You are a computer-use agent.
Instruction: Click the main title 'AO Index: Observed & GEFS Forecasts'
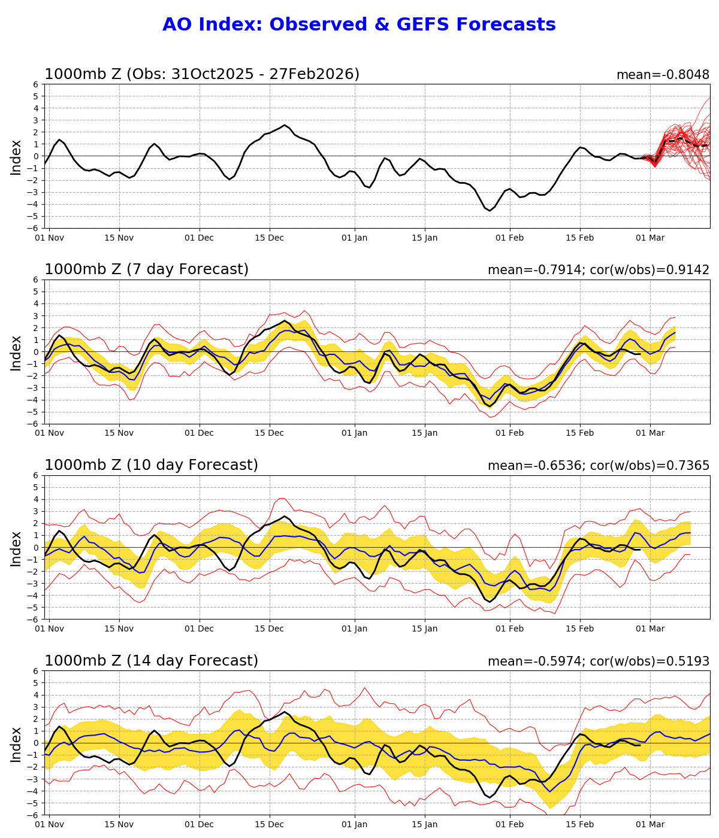(359, 25)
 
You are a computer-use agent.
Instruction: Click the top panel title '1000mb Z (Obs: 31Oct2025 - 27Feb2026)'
(202, 74)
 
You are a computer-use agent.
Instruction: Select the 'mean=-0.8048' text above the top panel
(663, 75)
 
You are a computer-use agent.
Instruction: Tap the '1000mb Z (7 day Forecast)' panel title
(146, 269)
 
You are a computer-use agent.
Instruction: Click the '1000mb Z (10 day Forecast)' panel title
(151, 465)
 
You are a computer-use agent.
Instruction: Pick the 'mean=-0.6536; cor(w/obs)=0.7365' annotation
(598, 466)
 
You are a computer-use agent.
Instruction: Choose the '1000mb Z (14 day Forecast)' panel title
(151, 661)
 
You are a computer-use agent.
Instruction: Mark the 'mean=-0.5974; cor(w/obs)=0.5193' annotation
(598, 661)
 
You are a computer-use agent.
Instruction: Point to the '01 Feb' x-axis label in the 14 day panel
(510, 824)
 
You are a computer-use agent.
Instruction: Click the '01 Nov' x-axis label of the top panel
(49, 238)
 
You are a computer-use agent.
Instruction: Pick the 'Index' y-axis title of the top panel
(16, 157)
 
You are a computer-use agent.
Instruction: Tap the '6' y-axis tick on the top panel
(36, 84)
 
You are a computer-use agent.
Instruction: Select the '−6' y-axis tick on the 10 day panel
(34, 620)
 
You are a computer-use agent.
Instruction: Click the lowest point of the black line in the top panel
(490, 210)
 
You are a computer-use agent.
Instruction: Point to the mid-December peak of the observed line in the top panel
(285, 125)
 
